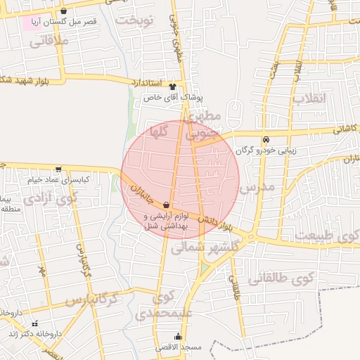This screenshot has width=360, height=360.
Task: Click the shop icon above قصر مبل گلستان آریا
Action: (x=64, y=11)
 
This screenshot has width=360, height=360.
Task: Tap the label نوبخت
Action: (x=134, y=19)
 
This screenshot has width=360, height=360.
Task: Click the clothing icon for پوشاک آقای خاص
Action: (x=172, y=84)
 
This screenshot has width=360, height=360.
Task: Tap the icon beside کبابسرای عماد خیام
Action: (x=58, y=169)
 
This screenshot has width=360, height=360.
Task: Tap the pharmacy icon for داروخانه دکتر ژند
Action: (x=35, y=323)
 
